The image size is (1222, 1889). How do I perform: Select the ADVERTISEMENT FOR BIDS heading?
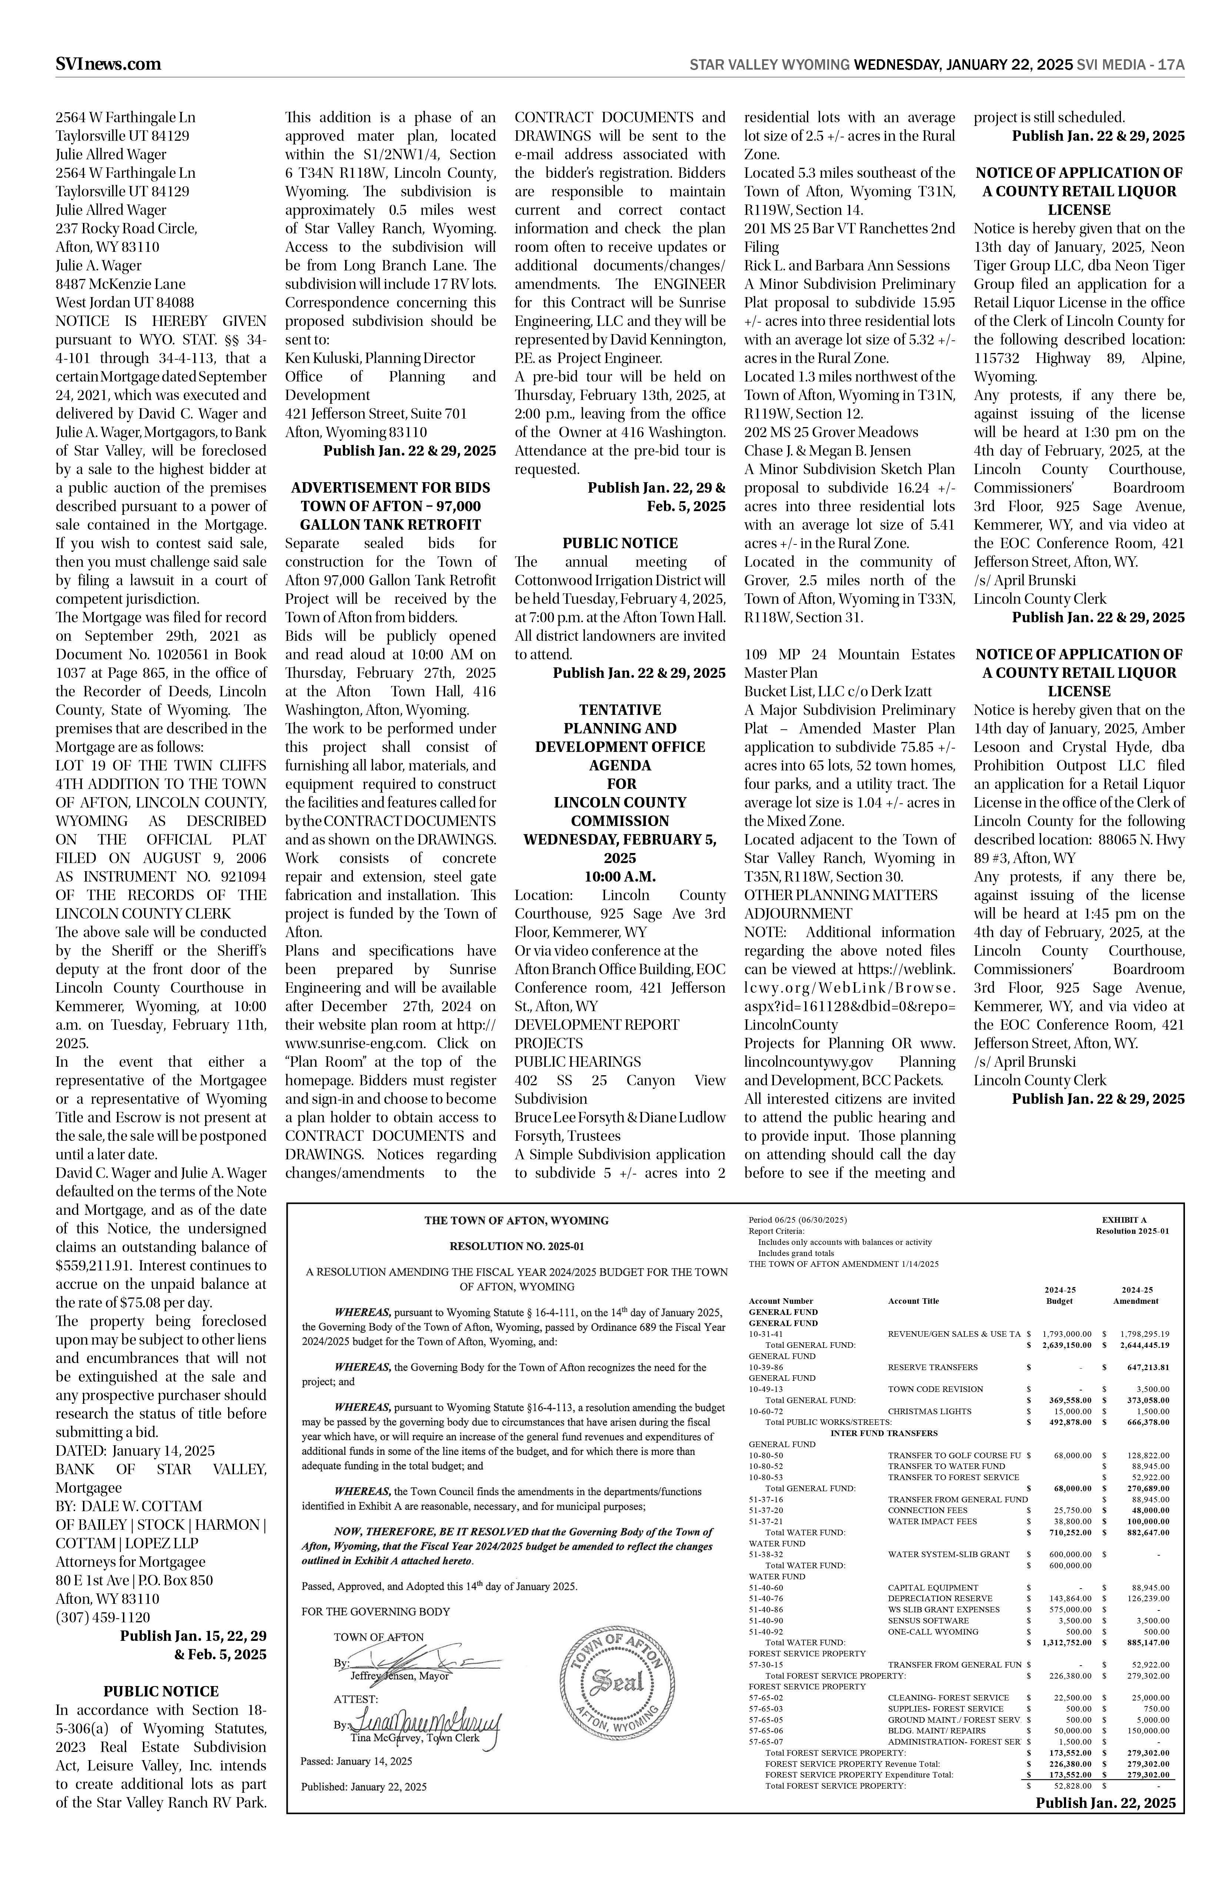(390, 487)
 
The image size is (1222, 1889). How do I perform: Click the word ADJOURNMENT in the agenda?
(798, 913)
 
